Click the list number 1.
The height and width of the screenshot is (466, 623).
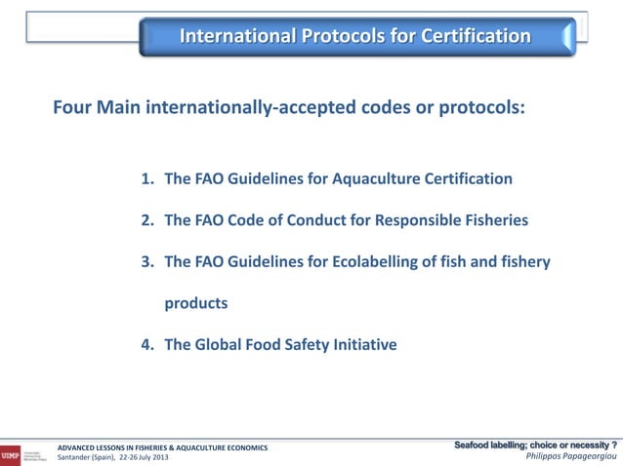tap(146, 179)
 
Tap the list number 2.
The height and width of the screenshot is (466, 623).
tap(146, 220)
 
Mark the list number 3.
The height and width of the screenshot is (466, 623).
tap(146, 261)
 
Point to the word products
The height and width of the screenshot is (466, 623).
tap(195, 303)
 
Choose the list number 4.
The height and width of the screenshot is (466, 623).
tap(146, 343)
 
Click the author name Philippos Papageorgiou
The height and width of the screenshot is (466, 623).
tap(571, 457)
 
